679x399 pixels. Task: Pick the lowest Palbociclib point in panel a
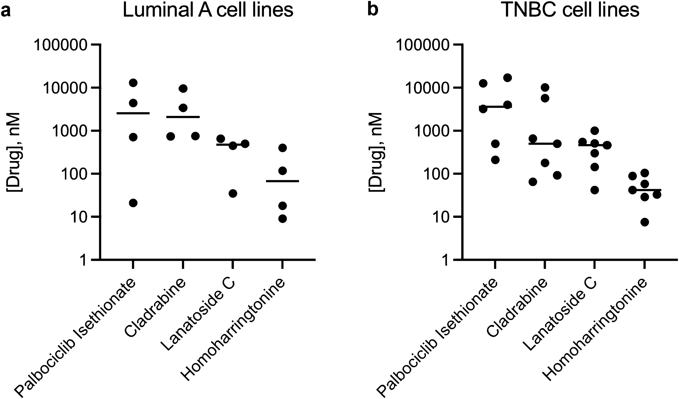(x=133, y=203)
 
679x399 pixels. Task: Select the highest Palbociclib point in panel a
(x=133, y=83)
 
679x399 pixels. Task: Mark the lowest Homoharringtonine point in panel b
(x=644, y=222)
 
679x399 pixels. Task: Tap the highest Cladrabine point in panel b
(x=545, y=87)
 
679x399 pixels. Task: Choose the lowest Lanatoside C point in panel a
(x=233, y=193)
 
